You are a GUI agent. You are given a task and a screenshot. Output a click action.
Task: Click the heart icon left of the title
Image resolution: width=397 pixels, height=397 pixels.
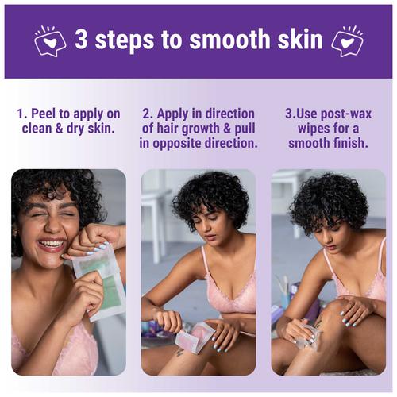click(x=50, y=40)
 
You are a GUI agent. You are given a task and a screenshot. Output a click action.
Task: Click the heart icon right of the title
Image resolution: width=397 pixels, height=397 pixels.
click(x=347, y=40)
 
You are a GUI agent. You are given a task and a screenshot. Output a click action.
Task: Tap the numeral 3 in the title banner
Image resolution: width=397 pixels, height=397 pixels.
click(x=82, y=40)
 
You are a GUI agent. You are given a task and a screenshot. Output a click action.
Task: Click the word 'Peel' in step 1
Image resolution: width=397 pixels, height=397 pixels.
click(x=44, y=114)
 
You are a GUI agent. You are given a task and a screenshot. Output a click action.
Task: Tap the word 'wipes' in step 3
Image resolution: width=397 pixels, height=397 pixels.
click(x=314, y=129)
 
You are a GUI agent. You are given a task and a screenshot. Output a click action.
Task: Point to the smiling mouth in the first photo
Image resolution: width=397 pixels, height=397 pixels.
click(x=51, y=245)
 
